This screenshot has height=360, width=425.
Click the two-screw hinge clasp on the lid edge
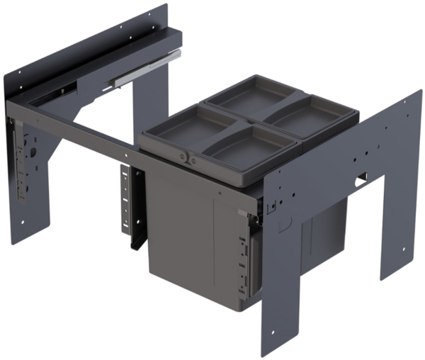[190, 157]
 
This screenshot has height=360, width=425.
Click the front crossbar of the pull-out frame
[78, 130]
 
